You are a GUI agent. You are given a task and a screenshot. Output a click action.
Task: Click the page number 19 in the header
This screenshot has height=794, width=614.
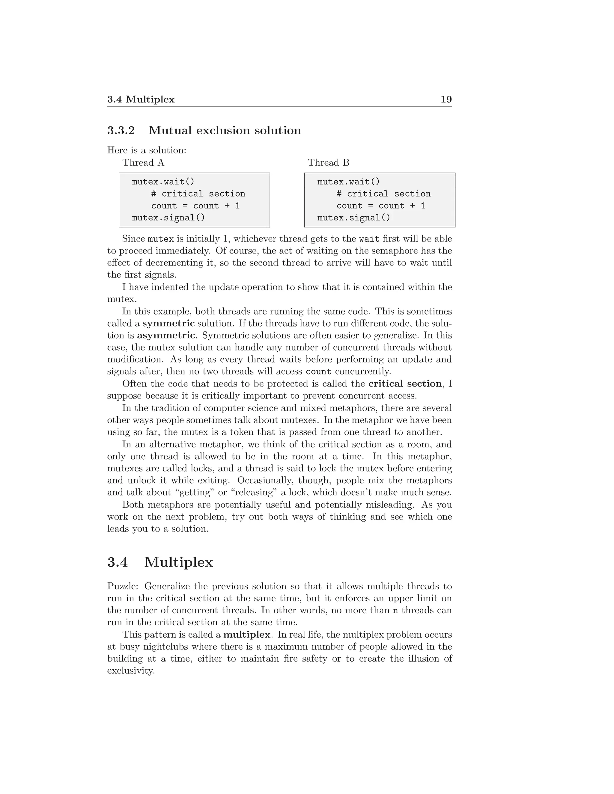tap(446, 99)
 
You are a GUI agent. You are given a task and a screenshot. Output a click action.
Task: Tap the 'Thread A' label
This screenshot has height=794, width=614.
tap(143, 162)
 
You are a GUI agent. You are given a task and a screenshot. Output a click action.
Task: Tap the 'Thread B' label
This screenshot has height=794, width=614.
tap(329, 162)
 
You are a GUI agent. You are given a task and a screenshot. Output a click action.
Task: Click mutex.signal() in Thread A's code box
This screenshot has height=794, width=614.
tap(168, 218)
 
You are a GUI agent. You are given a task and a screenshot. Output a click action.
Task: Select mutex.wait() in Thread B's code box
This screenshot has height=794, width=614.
tap(348, 182)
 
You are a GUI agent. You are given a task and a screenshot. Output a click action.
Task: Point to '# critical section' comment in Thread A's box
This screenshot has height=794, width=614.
tap(198, 194)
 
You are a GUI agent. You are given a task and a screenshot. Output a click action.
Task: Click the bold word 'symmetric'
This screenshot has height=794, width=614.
tap(168, 323)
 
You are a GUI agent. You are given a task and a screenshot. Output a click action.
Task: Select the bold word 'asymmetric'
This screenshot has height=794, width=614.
tap(166, 335)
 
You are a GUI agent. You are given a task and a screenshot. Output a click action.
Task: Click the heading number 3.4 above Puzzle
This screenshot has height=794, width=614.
tap(118, 562)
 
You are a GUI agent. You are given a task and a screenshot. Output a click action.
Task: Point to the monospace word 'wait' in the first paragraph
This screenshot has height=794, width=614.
tap(369, 239)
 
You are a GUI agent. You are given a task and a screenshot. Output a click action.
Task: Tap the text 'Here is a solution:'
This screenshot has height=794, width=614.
tap(147, 150)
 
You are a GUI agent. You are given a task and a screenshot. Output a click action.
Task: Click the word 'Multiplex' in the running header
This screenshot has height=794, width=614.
tap(150, 99)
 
